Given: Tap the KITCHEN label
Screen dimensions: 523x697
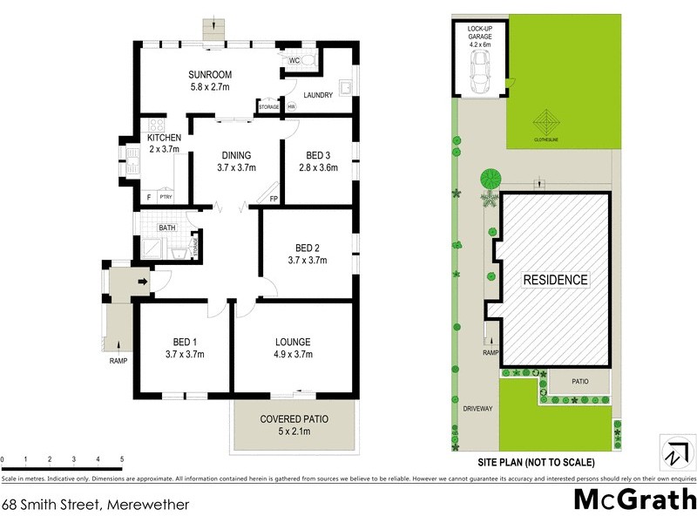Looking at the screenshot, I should tap(164, 138).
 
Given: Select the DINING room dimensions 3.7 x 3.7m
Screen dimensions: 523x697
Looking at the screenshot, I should tap(235, 167).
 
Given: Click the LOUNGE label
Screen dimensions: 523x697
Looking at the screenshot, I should tap(292, 342).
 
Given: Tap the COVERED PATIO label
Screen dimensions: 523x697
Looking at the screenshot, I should tap(294, 419).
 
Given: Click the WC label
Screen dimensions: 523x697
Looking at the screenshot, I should tap(293, 60).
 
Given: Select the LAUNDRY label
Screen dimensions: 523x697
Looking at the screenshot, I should tap(318, 95).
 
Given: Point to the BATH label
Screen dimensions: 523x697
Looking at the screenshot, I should tap(167, 228).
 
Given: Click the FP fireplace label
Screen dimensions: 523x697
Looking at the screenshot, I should tap(274, 199).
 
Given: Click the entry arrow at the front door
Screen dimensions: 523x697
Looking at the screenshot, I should tap(142, 281).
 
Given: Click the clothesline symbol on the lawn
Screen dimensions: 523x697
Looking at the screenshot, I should tap(546, 119).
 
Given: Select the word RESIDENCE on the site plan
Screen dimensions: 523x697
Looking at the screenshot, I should tap(555, 280).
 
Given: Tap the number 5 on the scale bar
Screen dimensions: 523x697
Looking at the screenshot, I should tap(121, 458).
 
